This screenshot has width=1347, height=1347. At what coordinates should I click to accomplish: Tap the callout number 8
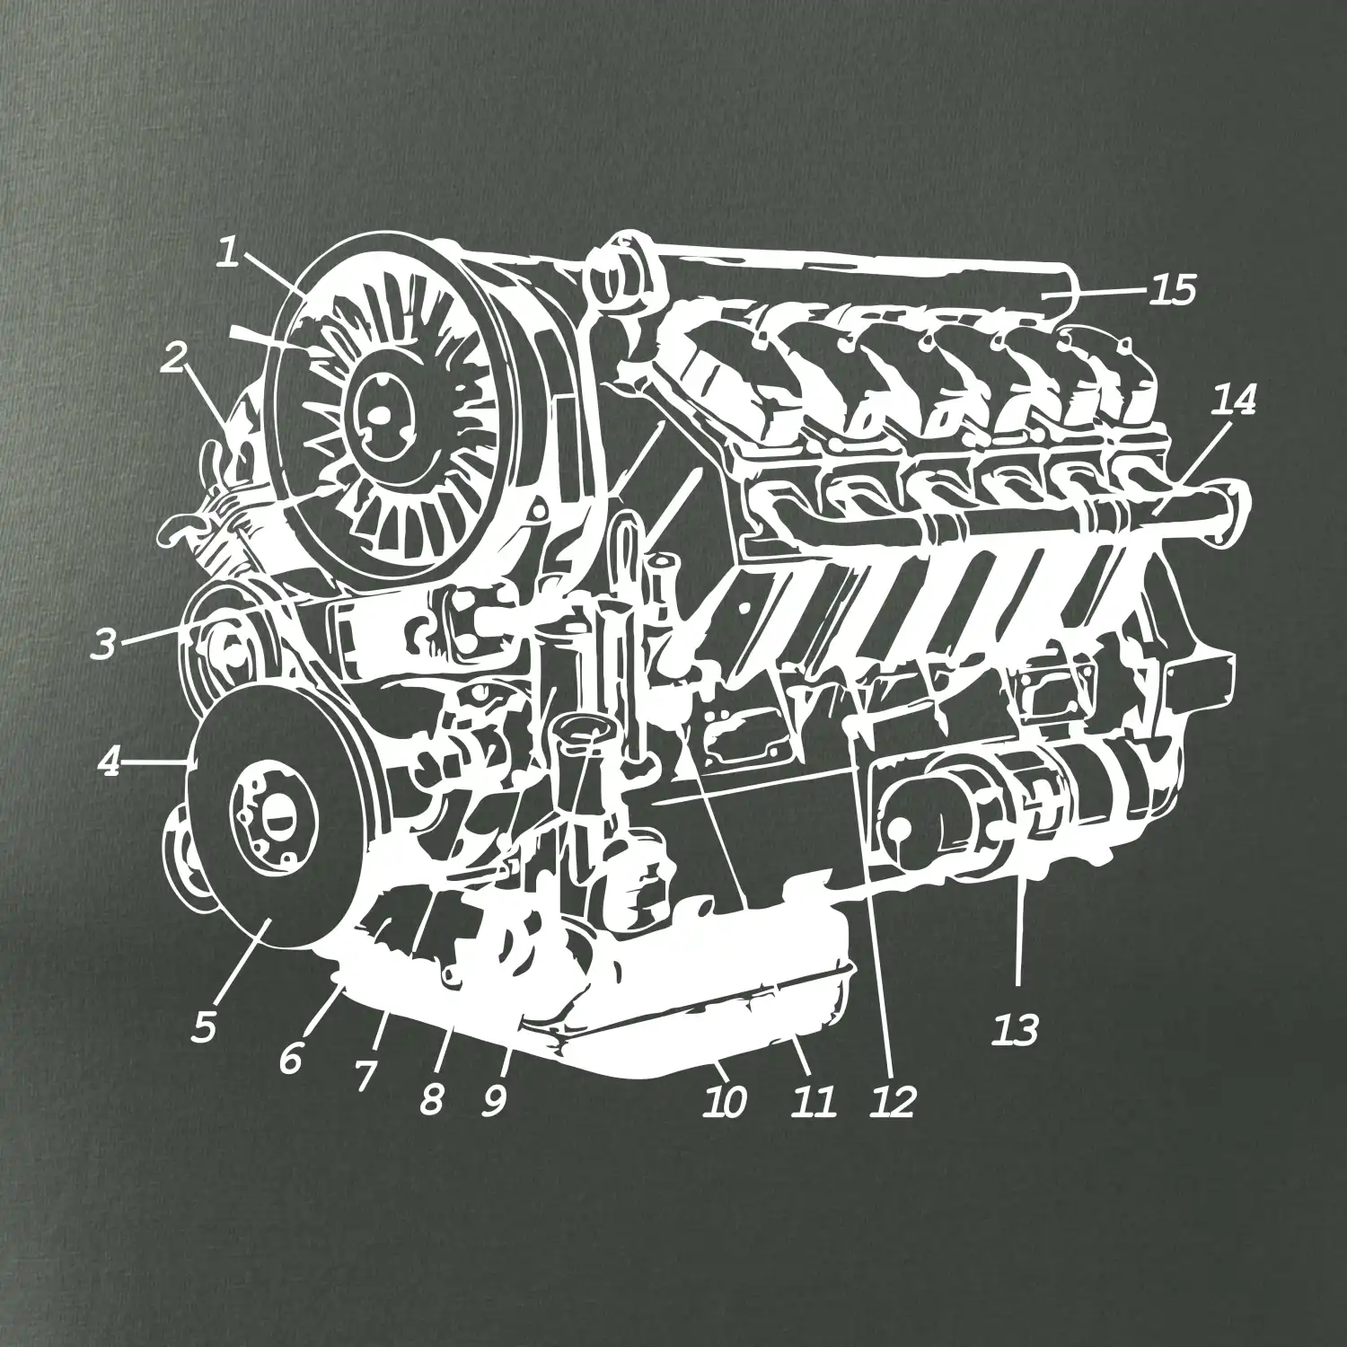(432, 1097)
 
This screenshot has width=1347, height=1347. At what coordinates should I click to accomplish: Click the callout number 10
(725, 1101)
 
